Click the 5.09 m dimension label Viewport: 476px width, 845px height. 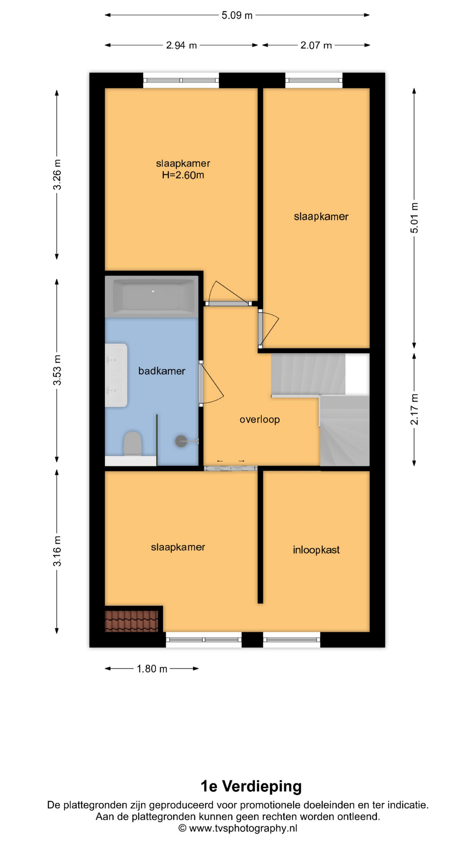pyautogui.click(x=237, y=15)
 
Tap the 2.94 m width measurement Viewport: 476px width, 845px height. pyautogui.click(x=182, y=45)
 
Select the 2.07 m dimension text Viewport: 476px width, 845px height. pyautogui.click(x=316, y=45)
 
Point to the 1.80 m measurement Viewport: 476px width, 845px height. pyautogui.click(x=152, y=669)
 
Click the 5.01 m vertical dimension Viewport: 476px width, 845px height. pyautogui.click(x=414, y=218)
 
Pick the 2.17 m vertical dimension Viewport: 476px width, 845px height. pyautogui.click(x=414, y=409)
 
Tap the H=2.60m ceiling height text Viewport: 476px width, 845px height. pyautogui.click(x=183, y=175)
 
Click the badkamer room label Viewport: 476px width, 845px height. pyautogui.click(x=162, y=371)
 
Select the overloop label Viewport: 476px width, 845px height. pyautogui.click(x=260, y=419)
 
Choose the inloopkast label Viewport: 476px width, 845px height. pyautogui.click(x=316, y=550)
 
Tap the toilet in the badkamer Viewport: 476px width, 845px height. pyautogui.click(x=132, y=444)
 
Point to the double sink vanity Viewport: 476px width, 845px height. pyautogui.click(x=116, y=375)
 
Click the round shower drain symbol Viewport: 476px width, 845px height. pyautogui.click(x=181, y=441)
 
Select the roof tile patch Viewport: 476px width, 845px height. pyautogui.click(x=131, y=621)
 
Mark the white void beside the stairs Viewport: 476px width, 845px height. pyautogui.click(x=357, y=375)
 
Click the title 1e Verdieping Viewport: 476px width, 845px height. pyautogui.click(x=251, y=786)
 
